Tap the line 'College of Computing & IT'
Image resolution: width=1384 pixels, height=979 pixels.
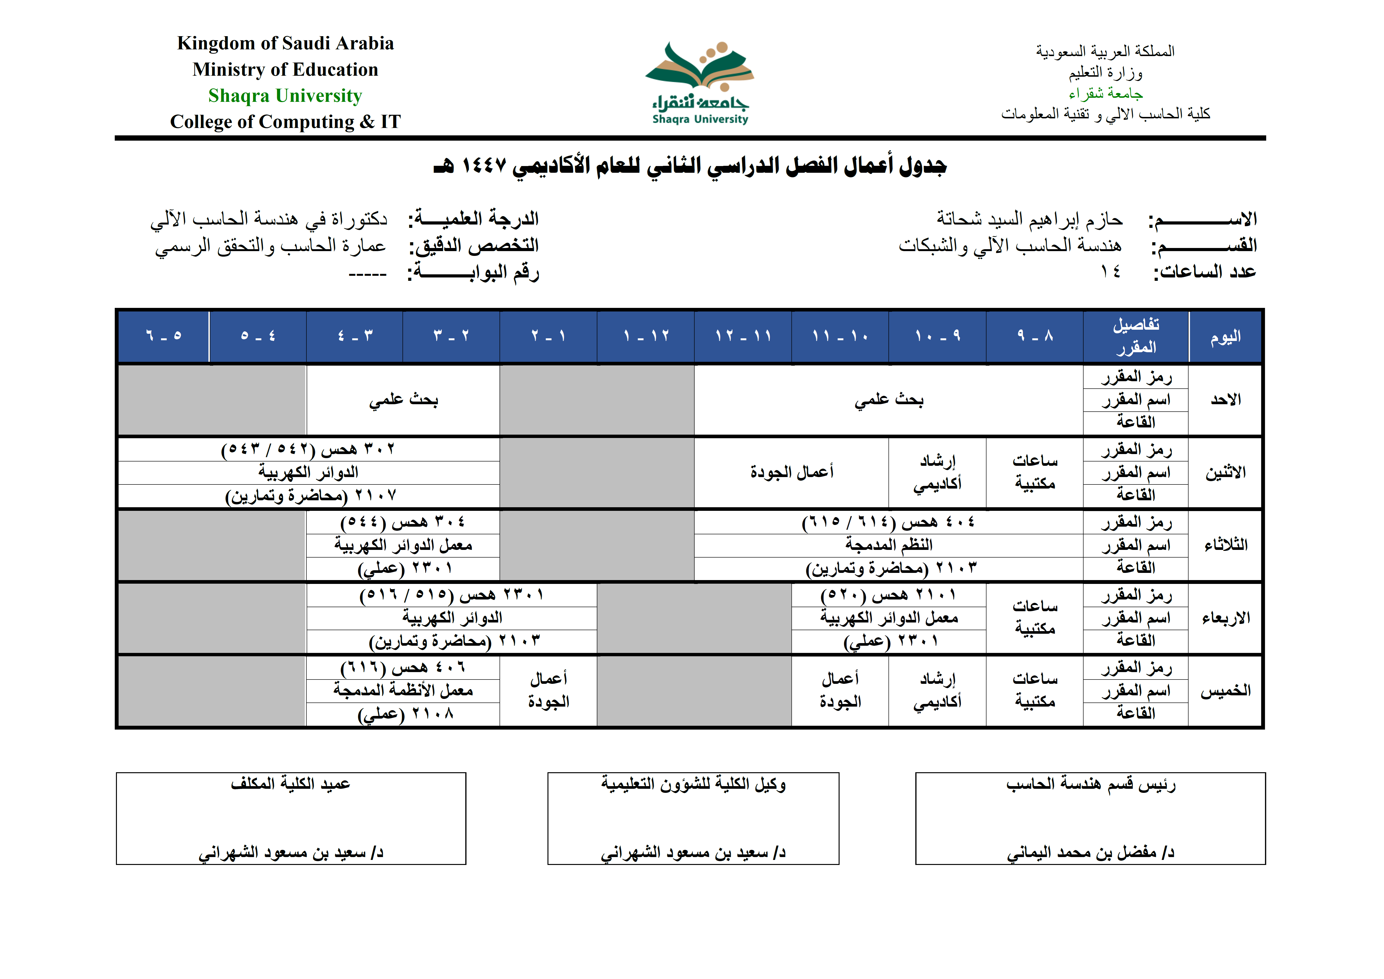[285, 122]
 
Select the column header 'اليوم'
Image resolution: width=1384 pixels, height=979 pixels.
[1225, 336]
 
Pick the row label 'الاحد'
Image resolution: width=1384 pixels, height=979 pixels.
[1225, 400]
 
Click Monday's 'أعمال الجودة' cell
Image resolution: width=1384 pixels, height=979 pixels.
[792, 472]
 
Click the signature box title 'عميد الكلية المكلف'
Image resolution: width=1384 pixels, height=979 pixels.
[291, 784]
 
